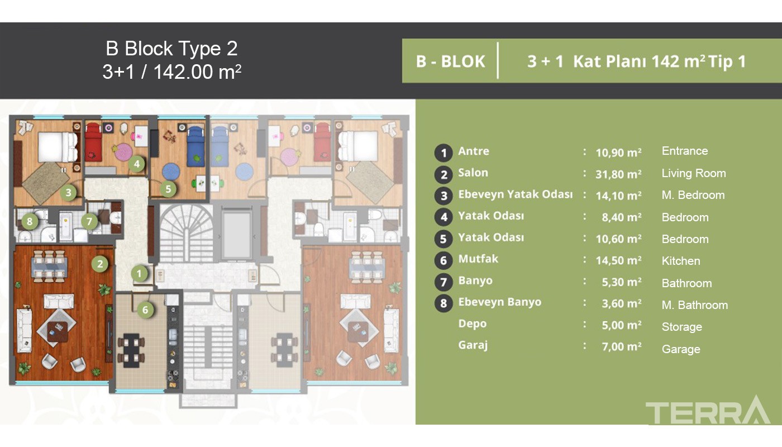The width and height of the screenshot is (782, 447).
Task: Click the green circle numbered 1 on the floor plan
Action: [139, 274]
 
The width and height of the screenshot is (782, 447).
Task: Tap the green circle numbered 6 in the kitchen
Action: [145, 310]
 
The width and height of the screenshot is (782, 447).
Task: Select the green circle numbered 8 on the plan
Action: [30, 221]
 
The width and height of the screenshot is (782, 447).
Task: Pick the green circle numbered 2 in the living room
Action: [100, 264]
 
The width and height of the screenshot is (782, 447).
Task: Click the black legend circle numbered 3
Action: [444, 196]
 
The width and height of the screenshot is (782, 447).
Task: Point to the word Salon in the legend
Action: [473, 173]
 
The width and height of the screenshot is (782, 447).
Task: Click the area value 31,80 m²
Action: [618, 174]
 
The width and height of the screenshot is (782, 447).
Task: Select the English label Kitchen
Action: [681, 261]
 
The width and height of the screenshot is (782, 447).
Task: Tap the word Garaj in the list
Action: [473, 345]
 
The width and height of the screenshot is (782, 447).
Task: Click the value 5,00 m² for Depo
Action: [621, 325]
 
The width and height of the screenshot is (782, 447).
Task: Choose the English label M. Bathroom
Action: [695, 305]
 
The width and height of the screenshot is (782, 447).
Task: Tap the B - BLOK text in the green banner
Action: [450, 61]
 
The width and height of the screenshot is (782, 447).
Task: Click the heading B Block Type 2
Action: [171, 48]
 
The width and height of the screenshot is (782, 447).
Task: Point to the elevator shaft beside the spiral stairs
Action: [237, 234]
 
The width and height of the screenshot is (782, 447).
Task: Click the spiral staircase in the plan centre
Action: [187, 233]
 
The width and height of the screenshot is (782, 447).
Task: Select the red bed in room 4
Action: [93, 142]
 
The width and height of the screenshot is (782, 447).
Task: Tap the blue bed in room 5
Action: [195, 146]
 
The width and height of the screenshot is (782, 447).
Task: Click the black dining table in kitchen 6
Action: [131, 351]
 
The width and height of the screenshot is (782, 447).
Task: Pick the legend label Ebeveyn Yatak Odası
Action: [515, 194]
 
